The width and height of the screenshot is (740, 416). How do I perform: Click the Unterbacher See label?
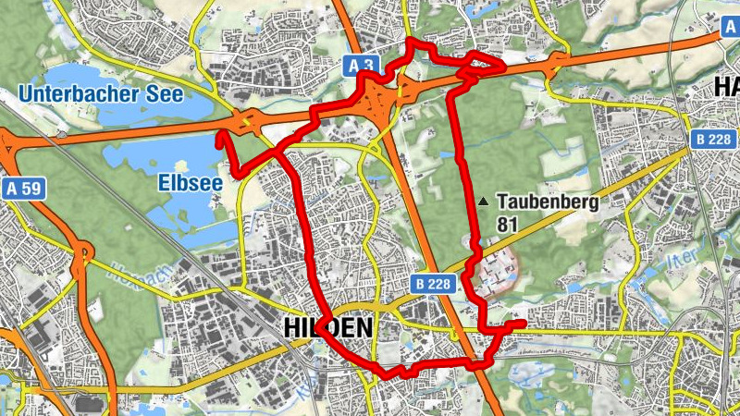(101, 93)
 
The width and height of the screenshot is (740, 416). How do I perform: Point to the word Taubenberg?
(548, 202)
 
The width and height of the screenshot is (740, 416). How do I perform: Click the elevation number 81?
(507, 224)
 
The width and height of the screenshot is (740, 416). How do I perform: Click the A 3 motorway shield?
(364, 65)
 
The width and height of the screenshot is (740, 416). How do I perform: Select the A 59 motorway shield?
(23, 190)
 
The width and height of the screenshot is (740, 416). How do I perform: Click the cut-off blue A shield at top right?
(730, 28)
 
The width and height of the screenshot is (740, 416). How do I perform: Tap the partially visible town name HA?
(726, 88)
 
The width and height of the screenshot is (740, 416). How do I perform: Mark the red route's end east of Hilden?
(524, 323)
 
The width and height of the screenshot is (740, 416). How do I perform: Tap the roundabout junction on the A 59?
(82, 252)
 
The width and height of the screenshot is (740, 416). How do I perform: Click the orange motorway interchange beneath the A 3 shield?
(381, 100)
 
